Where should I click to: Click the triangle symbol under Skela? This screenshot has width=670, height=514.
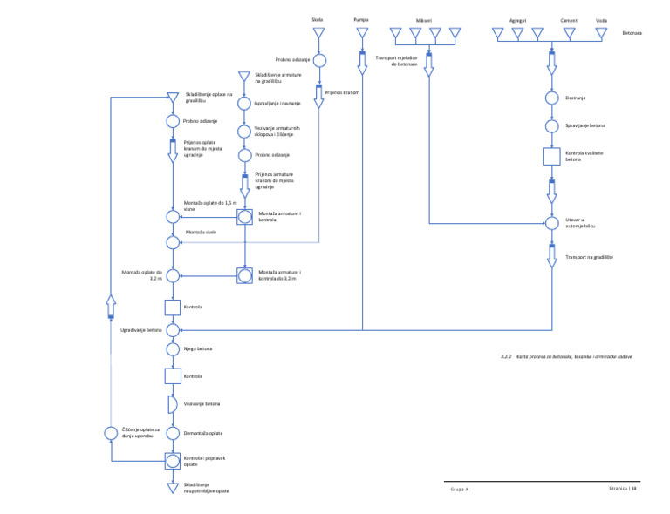(319, 34)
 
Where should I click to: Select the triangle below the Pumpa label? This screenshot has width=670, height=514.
(362, 34)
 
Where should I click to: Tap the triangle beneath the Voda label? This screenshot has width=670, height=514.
(601, 34)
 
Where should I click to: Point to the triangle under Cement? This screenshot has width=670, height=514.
(569, 34)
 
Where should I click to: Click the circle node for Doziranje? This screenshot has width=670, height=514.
(551, 98)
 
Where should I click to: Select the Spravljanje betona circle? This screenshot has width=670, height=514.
(551, 126)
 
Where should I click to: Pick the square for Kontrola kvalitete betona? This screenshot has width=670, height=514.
(551, 157)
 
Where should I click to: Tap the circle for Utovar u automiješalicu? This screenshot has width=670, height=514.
(551, 223)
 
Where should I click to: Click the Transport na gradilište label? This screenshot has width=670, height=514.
(589, 258)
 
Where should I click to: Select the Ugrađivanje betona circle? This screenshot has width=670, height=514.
(173, 330)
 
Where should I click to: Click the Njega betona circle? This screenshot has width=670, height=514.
(173, 349)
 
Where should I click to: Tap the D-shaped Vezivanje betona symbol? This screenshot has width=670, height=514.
(172, 404)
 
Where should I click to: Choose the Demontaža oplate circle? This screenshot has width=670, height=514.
(173, 433)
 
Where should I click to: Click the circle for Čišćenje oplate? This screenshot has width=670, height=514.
(111, 433)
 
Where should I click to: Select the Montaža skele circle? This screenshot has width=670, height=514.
(173, 242)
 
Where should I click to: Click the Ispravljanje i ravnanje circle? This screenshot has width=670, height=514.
(244, 103)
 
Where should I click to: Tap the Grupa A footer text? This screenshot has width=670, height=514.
(460, 490)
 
